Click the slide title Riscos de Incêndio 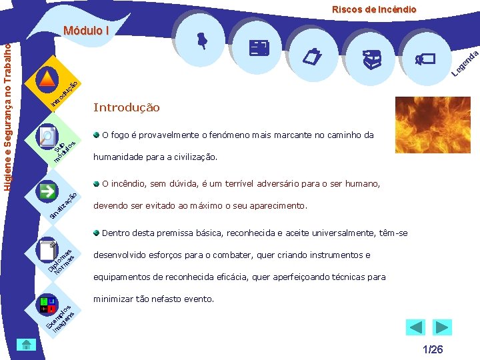[x=374, y=9]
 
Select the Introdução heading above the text [x=127, y=107]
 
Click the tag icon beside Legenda [x=424, y=59]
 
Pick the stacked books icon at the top [x=371, y=60]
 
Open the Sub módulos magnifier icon [x=47, y=137]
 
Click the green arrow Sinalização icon [x=47, y=192]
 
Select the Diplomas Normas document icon [x=47, y=250]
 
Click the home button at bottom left [x=25, y=345]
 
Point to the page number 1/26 [x=433, y=349]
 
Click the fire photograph [x=433, y=124]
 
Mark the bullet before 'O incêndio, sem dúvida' [x=97, y=183]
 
